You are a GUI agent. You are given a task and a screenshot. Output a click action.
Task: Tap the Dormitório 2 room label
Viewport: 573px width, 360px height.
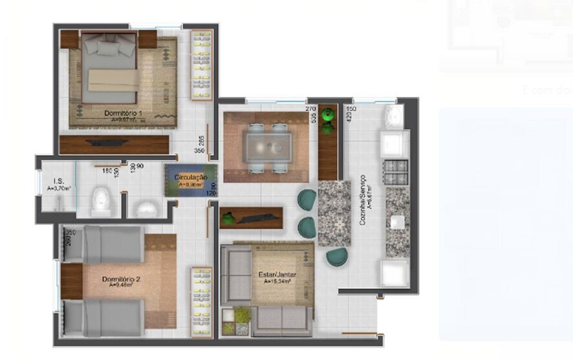point(120,280)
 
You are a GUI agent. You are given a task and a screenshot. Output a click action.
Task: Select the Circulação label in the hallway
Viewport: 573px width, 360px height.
point(191,177)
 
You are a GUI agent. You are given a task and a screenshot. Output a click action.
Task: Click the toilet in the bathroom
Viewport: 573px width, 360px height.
point(102,200)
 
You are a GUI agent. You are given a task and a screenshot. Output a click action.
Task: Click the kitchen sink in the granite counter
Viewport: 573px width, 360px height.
point(396,222)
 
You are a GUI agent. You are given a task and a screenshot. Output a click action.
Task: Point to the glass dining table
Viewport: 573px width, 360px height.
point(268,147)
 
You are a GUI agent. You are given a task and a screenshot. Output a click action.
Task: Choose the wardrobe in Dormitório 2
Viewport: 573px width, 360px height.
point(201,301)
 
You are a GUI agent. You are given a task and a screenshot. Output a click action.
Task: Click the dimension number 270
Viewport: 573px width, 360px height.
point(310,109)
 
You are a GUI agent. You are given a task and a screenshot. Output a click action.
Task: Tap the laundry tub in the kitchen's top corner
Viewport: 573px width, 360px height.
point(393,116)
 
